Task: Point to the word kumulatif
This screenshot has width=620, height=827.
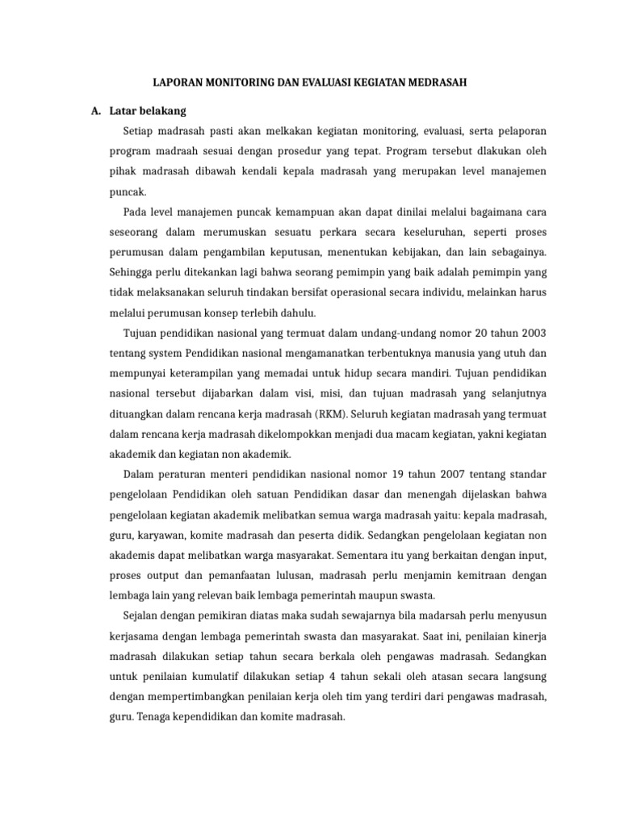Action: pos(220,676)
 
